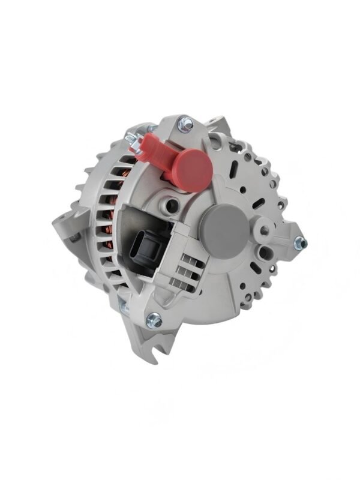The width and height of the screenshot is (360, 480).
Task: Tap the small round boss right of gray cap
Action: (262, 229)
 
